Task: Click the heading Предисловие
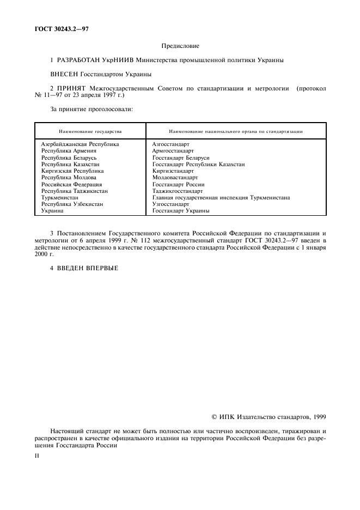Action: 180,46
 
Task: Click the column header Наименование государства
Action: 90,131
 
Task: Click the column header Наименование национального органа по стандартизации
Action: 236,131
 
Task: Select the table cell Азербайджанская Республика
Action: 80,144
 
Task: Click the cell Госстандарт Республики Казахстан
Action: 198,164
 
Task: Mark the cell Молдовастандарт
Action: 175,177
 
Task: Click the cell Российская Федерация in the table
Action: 71,184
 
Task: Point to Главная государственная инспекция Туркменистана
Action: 221,197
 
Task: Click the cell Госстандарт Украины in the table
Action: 181,210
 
